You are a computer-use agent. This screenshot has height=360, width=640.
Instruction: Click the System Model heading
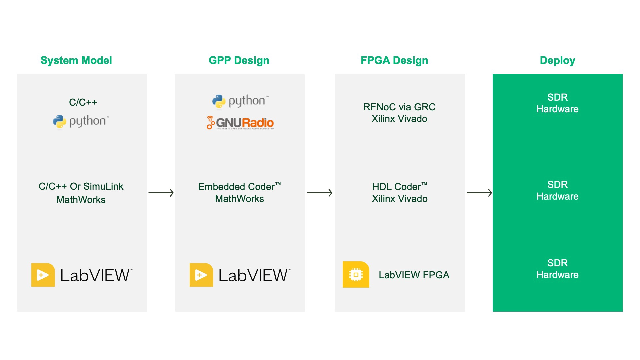coord(76,60)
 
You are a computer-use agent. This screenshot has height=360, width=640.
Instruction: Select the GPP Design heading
coord(239,60)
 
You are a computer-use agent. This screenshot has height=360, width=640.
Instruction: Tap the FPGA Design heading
coord(394,60)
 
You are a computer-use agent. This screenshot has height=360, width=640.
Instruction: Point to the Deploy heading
coord(557,60)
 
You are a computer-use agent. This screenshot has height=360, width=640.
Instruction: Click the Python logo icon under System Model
coord(60,122)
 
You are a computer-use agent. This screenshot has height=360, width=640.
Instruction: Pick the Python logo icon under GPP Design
coord(219,101)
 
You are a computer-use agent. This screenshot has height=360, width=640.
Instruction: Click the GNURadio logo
coord(240,123)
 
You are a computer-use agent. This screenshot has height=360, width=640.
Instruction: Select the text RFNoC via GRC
coord(399,107)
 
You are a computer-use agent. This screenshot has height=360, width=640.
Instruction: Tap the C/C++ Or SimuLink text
coord(81,186)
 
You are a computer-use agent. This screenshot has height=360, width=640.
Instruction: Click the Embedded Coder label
coord(239,187)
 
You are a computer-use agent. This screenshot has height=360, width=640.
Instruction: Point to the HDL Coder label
coord(399,187)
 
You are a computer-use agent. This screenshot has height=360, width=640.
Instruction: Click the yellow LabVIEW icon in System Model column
coord(43,275)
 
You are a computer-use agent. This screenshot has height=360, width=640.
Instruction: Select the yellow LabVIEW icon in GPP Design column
coord(201,275)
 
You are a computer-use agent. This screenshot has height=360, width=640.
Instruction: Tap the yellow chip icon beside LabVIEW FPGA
coord(356,275)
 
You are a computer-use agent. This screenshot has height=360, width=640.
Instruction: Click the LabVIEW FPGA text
coord(414,275)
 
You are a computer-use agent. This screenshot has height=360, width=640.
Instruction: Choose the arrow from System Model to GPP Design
coord(161,193)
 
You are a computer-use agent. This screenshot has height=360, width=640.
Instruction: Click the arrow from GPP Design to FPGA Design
coord(320,193)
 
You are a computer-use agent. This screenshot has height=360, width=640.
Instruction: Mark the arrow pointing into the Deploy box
coord(479,193)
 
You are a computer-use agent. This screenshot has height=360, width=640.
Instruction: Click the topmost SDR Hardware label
coord(557,103)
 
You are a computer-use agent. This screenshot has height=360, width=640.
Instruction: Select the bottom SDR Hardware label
coord(557,269)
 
